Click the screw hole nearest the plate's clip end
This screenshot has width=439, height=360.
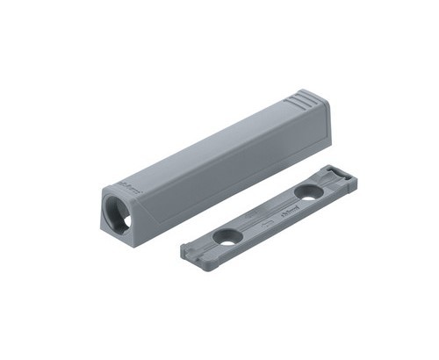307,191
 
